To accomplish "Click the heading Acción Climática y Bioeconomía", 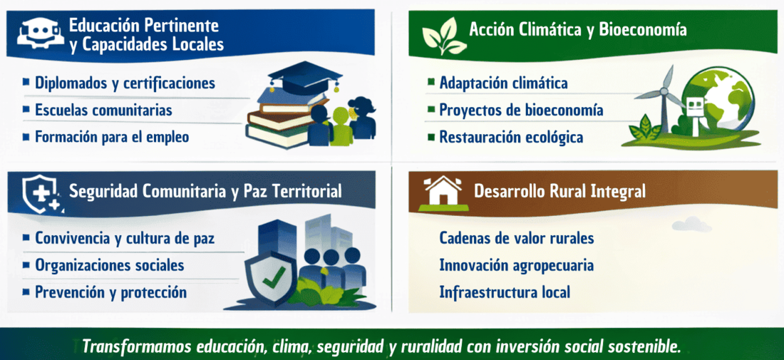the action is (577, 30).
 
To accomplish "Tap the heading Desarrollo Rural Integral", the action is (559, 191).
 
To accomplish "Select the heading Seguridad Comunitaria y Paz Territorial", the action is (205, 191).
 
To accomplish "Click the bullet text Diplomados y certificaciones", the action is (125, 83).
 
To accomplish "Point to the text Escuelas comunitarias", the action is (103, 110).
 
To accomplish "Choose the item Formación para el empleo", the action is (112, 136).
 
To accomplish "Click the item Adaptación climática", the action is (503, 83).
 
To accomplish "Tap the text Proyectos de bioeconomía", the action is (521, 110).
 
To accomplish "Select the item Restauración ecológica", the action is (511, 136).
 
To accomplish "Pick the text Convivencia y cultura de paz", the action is (125, 238).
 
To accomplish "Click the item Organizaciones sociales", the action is (110, 265).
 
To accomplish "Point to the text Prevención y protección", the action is (110, 292).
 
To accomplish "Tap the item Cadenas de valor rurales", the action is (517, 238).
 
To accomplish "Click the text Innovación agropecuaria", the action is (517, 265).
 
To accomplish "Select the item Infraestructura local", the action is (505, 292).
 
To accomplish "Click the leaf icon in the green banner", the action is (443, 35).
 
